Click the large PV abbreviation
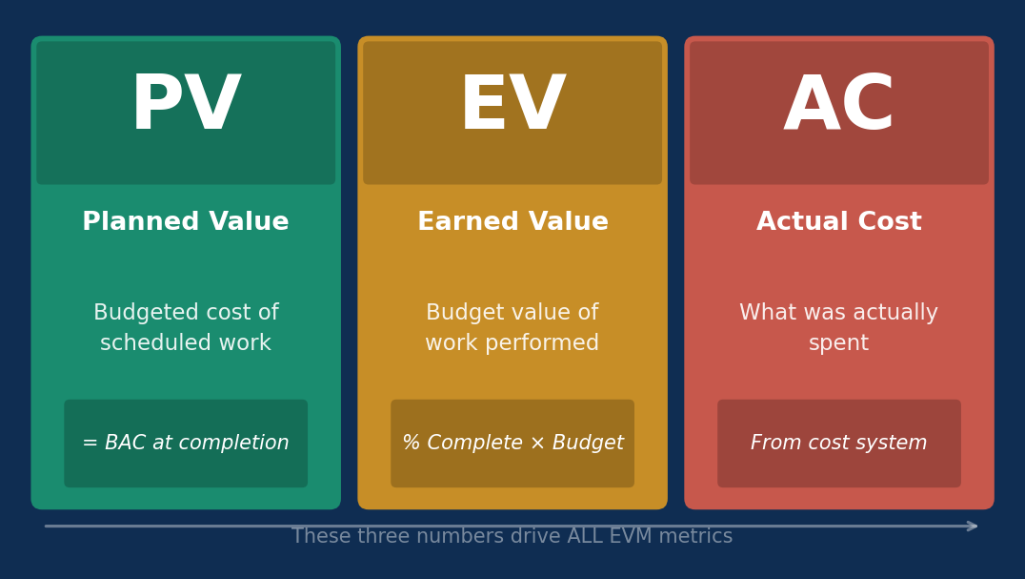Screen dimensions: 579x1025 (x=186, y=106)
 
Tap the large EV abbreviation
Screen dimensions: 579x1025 (x=512, y=106)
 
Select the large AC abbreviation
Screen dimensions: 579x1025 (x=839, y=106)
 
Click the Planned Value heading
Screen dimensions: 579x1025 (x=186, y=222)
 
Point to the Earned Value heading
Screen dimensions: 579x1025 (x=512, y=222)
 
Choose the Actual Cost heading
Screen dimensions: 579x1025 (x=839, y=222)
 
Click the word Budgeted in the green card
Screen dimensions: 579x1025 (x=133, y=313)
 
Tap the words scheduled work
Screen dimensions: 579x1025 (x=186, y=343)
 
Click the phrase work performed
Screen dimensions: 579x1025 (x=512, y=343)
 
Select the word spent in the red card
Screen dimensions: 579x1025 (x=839, y=343)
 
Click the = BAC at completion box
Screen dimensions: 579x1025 (x=186, y=444)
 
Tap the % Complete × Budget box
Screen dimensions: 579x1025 (x=512, y=444)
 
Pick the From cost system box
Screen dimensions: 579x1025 (x=839, y=444)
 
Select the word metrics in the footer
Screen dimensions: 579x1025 (x=702, y=537)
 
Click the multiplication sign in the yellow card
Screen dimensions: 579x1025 (x=537, y=444)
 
